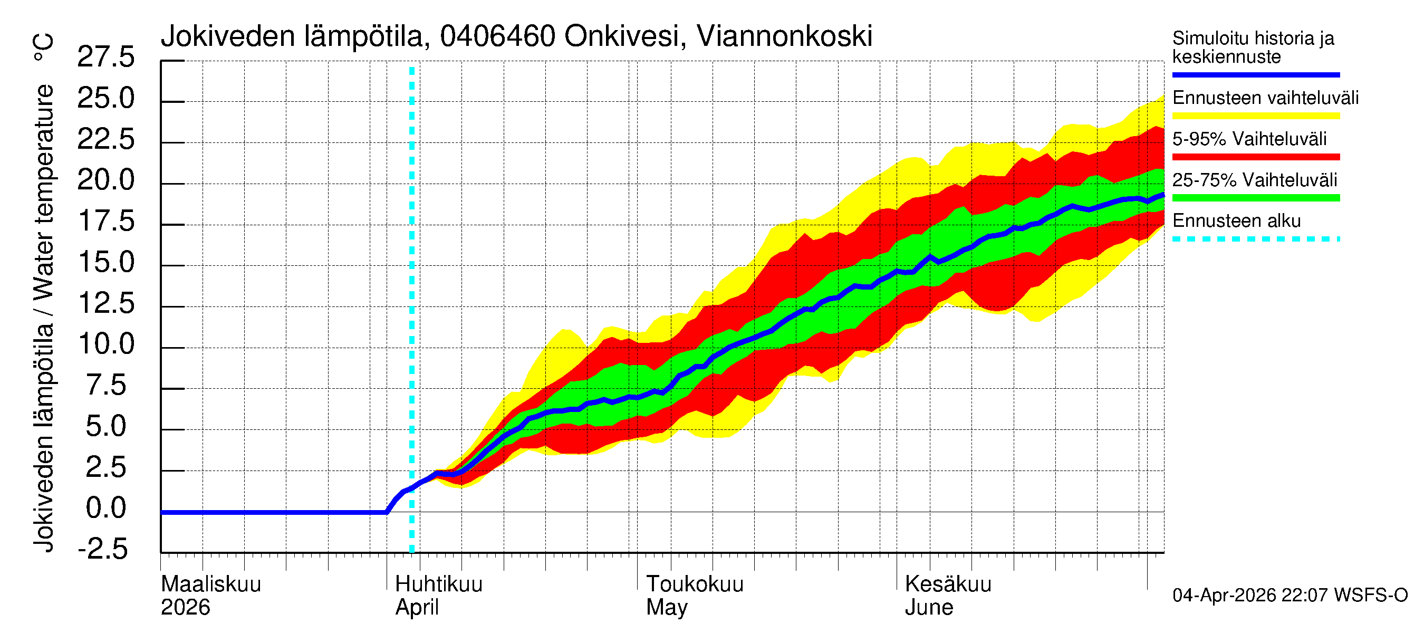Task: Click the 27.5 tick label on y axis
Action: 105,57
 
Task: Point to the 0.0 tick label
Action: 105,508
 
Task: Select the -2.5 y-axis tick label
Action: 103,549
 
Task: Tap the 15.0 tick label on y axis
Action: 105,262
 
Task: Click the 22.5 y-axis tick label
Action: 105,139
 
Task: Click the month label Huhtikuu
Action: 438,584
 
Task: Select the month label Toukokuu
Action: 695,584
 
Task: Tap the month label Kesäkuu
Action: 948,584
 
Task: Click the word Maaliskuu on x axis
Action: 210,584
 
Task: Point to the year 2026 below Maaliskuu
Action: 185,608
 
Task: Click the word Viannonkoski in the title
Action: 784,36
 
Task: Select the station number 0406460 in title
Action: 497,36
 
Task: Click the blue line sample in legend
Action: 1255,74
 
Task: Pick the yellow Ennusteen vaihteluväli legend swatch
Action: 1255,116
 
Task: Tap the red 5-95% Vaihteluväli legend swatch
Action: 1255,157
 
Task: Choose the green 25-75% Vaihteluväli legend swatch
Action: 1255,198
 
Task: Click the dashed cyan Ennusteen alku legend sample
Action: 1255,239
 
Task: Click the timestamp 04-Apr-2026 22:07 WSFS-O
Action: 1290,596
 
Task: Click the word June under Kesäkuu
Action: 929,608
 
